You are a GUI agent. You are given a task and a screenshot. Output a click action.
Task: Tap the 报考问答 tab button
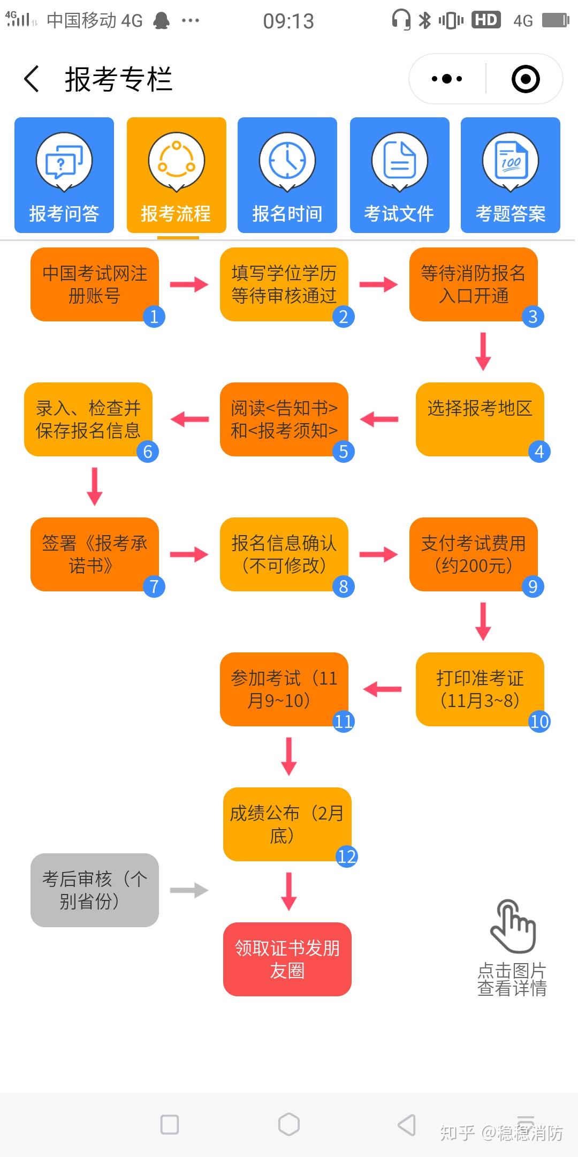(x=64, y=175)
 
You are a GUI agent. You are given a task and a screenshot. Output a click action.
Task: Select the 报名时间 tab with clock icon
(x=287, y=175)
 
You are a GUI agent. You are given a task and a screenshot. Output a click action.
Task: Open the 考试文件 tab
(x=399, y=175)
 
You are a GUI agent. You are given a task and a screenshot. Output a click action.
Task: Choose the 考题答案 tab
(x=511, y=175)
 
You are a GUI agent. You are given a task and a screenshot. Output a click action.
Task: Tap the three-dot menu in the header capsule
(x=447, y=79)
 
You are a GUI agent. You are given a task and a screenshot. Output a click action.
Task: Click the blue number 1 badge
(x=154, y=317)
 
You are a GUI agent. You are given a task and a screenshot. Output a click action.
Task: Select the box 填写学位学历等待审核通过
(x=284, y=284)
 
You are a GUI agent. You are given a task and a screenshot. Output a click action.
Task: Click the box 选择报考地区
(x=480, y=419)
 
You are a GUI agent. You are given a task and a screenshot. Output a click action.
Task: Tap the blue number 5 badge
(x=344, y=452)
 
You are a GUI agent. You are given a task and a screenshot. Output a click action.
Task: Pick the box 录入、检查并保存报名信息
(x=88, y=419)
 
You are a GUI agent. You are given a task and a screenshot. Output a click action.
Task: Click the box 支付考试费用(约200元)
(x=473, y=554)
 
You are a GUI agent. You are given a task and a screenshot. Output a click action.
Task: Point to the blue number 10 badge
(x=539, y=722)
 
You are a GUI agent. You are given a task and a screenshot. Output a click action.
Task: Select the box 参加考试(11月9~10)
(x=284, y=689)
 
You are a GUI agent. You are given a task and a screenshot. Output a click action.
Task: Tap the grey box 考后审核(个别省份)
(x=95, y=890)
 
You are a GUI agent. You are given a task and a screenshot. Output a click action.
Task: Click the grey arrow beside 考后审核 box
(x=189, y=890)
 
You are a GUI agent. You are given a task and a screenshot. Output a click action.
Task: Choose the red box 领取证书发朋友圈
(x=287, y=959)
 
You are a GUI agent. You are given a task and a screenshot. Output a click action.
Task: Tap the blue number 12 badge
(x=346, y=857)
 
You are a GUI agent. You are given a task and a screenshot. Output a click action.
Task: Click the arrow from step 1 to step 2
(x=189, y=284)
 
